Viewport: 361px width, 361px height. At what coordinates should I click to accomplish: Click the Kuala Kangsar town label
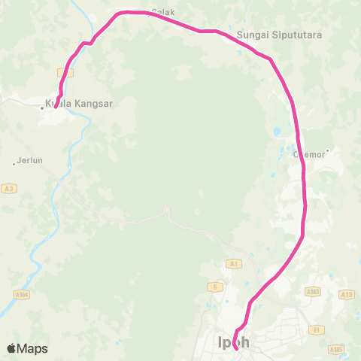pos(79,104)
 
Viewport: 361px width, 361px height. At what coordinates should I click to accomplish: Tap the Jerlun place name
pos(30,159)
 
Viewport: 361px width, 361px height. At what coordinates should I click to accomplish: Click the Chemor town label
pos(308,155)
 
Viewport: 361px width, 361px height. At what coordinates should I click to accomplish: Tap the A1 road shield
pos(233,264)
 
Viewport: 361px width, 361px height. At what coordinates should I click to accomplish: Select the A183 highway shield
pos(314,290)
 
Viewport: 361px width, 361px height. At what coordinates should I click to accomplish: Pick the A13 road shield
pos(347,295)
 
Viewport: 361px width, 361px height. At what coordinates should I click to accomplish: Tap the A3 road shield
pos(8,188)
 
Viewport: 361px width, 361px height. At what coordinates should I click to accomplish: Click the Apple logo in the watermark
pos(11,348)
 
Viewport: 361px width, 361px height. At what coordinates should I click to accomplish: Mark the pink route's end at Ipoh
pos(236,347)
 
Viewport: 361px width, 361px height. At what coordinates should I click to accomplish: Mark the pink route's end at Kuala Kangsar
pos(56,107)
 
